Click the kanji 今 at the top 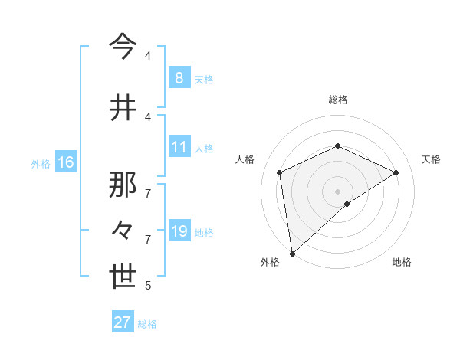coord(123,47)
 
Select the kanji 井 coord(123,107)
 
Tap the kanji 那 coord(123,183)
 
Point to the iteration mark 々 coord(123,230)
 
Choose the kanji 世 coord(123,277)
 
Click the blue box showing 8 coord(179,77)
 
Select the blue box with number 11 coord(179,147)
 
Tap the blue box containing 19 coord(179,231)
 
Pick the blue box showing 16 coord(65,162)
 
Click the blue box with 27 coord(123,322)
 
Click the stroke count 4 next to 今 coord(148,56)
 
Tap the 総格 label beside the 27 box coord(147,324)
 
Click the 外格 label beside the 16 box coord(40,163)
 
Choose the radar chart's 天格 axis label coord(431,159)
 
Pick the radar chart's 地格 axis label coord(402,262)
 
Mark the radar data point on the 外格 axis coord(291,254)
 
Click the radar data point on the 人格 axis coord(280,172)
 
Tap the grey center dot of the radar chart coord(337,191)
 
